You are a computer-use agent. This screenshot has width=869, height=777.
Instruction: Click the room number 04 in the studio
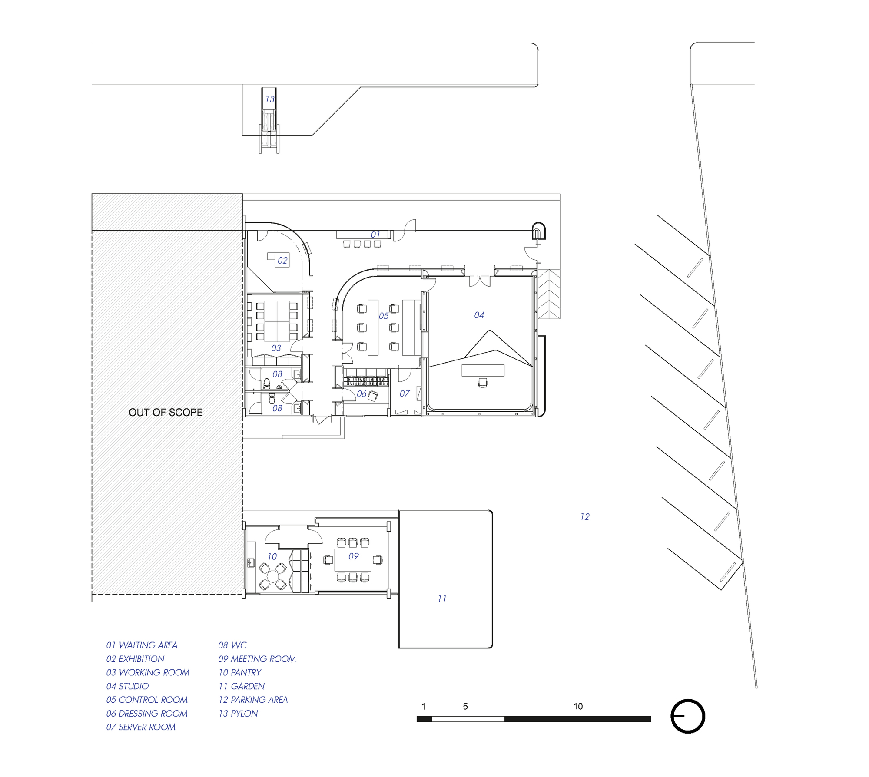pos(479,315)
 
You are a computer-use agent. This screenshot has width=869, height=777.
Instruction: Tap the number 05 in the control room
pos(383,316)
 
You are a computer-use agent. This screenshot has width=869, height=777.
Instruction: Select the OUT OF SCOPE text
pos(166,412)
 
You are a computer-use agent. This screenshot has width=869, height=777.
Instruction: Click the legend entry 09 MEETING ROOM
pos(257,659)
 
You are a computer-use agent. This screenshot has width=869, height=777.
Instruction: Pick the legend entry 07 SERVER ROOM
pos(141,727)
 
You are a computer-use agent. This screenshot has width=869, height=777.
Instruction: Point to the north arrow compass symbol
pos(688,716)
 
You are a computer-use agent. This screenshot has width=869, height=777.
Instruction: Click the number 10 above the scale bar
pos(578,706)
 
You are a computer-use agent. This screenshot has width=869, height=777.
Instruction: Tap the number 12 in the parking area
pos(584,517)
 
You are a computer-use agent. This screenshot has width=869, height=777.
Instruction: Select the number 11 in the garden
pos(441,599)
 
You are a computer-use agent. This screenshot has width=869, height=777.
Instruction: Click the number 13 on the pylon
pos(270,99)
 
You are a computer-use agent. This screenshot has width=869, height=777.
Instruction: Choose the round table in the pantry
pos(273,577)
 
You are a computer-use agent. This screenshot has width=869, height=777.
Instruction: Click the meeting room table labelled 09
pos(353,560)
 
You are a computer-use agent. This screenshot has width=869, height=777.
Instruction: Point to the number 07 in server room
pos(405,393)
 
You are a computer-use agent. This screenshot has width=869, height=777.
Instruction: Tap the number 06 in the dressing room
pos(362,394)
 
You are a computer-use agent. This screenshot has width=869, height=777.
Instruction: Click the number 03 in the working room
pos(276,348)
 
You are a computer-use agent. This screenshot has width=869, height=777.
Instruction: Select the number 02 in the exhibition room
pos(282,261)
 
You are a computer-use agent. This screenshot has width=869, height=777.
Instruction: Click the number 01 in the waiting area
pos(375,235)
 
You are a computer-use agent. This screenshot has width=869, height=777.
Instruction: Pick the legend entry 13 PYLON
pos(238,714)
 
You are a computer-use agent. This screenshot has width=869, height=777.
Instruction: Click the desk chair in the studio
pos(482,382)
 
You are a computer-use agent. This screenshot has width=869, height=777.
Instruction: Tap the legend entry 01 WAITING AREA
pos(142,645)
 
